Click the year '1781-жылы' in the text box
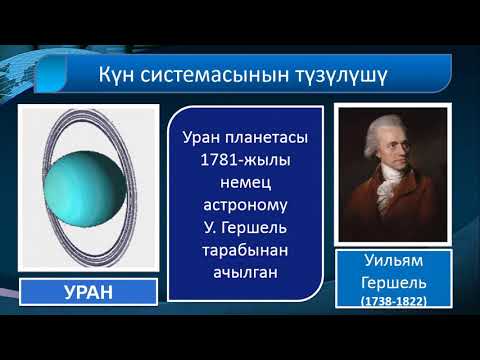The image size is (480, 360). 244,162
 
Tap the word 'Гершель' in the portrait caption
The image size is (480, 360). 391,284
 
